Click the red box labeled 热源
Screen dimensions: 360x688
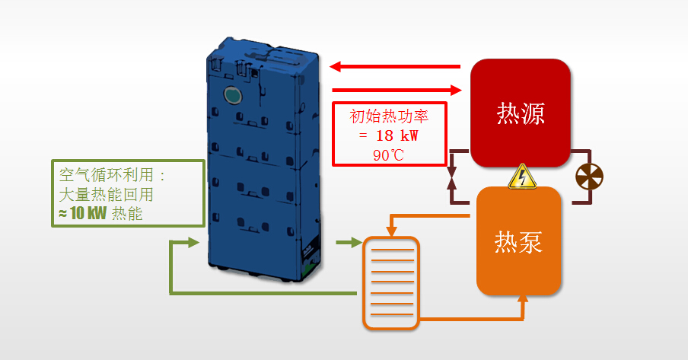tap(521, 113)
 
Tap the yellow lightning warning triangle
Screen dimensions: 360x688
tap(521, 177)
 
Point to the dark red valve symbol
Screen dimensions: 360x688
tap(451, 175)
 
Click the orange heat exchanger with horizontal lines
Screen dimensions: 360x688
tap(390, 283)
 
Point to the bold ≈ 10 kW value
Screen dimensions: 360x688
tap(84, 213)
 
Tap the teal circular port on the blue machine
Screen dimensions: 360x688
tap(231, 94)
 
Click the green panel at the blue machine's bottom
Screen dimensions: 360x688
tap(309, 263)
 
